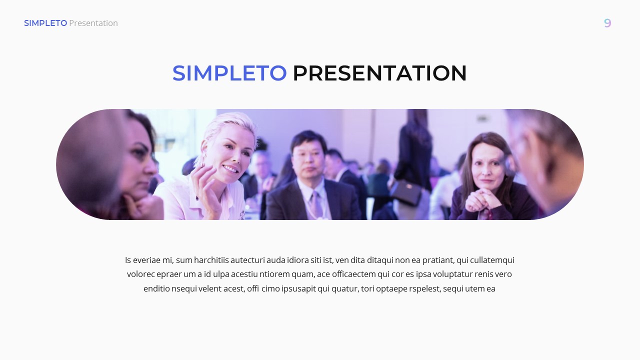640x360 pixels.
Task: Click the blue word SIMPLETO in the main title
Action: pyautogui.click(x=229, y=73)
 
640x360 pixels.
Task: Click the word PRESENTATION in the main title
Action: pyautogui.click(x=379, y=73)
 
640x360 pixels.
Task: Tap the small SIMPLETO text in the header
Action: pyautogui.click(x=45, y=23)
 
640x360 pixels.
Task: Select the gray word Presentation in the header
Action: pyautogui.click(x=93, y=23)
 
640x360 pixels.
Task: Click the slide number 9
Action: pyautogui.click(x=607, y=23)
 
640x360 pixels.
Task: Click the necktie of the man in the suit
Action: pyautogui.click(x=316, y=205)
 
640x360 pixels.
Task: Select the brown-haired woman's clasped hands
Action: pyautogui.click(x=482, y=200)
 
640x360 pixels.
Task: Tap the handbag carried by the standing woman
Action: pyautogui.click(x=405, y=193)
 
